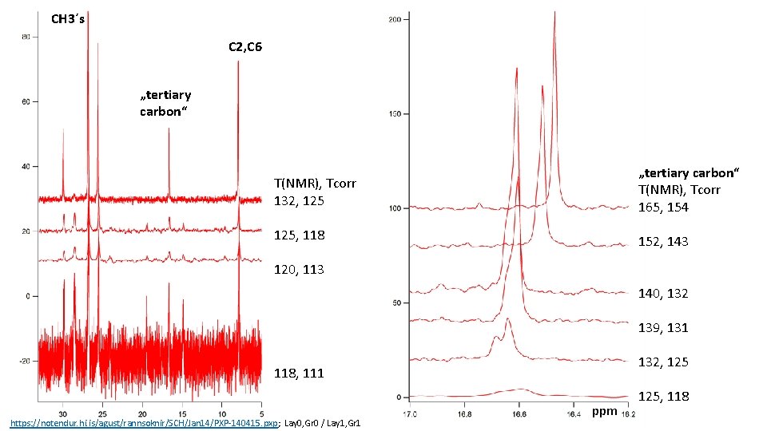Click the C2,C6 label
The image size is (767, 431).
point(244,47)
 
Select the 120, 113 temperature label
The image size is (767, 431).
point(299,270)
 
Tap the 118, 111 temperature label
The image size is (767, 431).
point(299,374)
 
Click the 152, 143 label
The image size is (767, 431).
point(663,242)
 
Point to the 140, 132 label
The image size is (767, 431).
point(663,294)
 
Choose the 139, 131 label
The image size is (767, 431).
point(663,328)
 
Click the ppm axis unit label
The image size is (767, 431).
point(604,412)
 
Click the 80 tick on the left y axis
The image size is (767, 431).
point(26,37)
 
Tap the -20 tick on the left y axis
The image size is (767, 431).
point(25,361)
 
